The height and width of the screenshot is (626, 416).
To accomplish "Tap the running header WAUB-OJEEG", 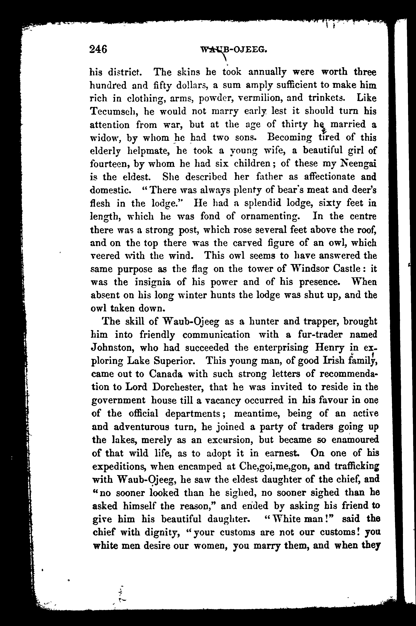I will click(234, 49).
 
